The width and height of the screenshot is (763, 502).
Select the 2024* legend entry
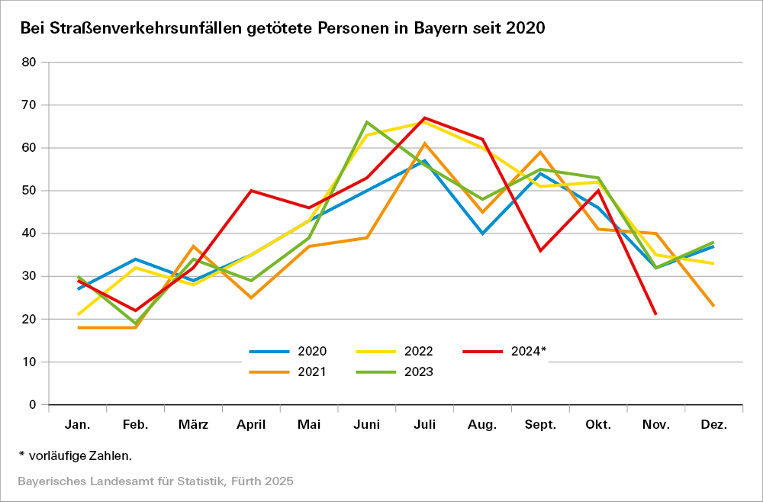pos(505,352)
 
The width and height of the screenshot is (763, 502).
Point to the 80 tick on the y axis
pos(30,63)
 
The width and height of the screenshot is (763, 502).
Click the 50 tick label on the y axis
pos(30,191)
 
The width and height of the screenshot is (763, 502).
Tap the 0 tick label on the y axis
pos(33,404)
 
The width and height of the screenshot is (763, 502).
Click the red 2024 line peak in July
pos(424,117)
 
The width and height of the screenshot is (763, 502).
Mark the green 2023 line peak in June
pos(367,122)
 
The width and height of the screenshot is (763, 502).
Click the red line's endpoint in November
pos(655,314)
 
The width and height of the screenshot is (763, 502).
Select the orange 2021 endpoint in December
pos(713,306)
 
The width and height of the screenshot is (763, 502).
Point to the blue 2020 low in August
pos(482,233)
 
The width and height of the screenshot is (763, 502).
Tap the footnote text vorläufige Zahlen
pos(79,455)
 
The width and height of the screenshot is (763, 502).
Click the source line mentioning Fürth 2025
pos(156,481)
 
